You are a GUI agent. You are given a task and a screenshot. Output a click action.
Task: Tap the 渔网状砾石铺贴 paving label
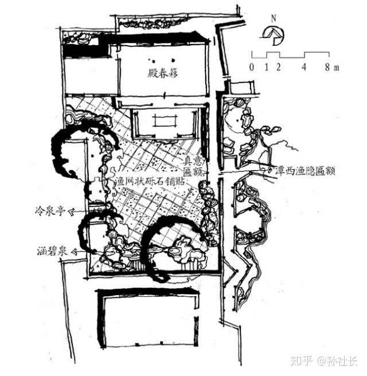click(147, 180)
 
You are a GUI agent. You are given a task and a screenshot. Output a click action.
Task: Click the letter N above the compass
click(275, 18)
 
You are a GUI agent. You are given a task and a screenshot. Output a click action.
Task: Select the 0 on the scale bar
click(252, 67)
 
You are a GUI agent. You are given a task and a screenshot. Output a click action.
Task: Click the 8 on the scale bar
click(327, 67)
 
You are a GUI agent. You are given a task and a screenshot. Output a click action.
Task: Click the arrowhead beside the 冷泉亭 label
click(73, 211)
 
